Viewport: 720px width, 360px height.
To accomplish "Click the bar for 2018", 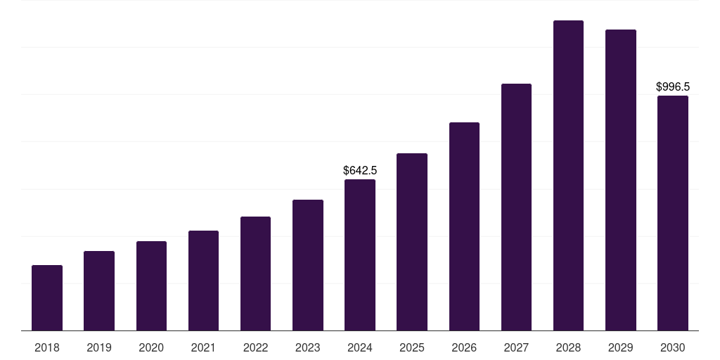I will (x=47, y=298).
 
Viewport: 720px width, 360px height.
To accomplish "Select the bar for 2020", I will (x=151, y=286).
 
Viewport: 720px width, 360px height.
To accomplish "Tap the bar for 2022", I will (x=255, y=274).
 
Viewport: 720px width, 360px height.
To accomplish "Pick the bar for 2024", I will (x=360, y=255).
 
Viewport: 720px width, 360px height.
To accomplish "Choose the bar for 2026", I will (x=464, y=226).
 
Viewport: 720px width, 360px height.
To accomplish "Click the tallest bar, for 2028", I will (x=568, y=176).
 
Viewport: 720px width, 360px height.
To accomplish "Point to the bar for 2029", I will (x=620, y=180).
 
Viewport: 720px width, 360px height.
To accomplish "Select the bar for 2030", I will (x=673, y=213).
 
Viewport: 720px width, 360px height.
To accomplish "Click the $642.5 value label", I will (x=360, y=170).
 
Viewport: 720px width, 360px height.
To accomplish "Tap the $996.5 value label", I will (x=673, y=87).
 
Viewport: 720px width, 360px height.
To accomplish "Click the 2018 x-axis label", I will (x=47, y=347).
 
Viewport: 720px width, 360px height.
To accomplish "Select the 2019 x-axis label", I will (x=99, y=347).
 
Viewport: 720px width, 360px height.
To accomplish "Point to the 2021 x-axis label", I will (x=203, y=347).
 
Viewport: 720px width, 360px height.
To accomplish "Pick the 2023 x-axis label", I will (x=307, y=347).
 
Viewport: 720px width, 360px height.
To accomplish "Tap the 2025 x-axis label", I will (x=412, y=347).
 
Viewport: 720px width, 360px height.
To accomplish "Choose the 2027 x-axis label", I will (x=516, y=347).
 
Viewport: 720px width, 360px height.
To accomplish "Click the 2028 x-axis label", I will (x=568, y=347).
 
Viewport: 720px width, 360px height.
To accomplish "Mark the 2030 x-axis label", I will (x=673, y=347).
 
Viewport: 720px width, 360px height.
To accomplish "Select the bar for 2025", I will (x=412, y=242).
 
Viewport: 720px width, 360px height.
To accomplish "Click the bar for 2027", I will (x=516, y=207).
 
